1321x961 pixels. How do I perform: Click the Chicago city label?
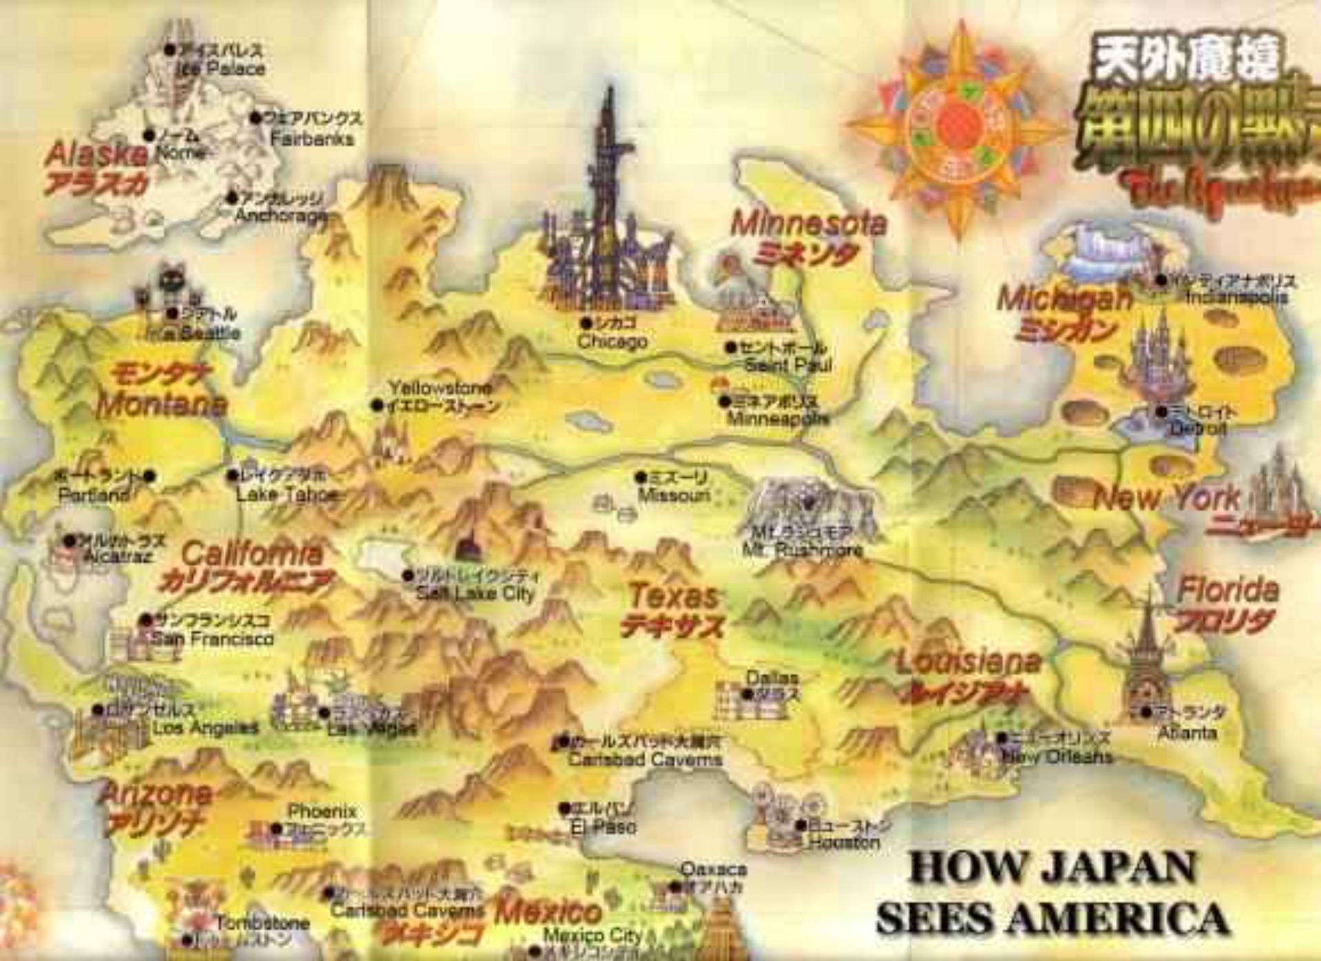pos(612,341)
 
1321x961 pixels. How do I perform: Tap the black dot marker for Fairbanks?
pos(255,118)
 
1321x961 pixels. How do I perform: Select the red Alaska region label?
pos(96,154)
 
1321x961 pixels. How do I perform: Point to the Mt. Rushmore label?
pos(802,551)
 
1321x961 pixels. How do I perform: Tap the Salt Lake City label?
pos(475,593)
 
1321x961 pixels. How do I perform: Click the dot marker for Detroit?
pos(1161,411)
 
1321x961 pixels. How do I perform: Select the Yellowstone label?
pos(441,388)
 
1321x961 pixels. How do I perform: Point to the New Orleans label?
pos(1057,756)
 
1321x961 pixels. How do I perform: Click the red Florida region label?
pos(1228,590)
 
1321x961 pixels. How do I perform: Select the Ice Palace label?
pos(220,69)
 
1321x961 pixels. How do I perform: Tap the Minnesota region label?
pos(808,224)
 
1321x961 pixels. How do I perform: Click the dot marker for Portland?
pos(150,476)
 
